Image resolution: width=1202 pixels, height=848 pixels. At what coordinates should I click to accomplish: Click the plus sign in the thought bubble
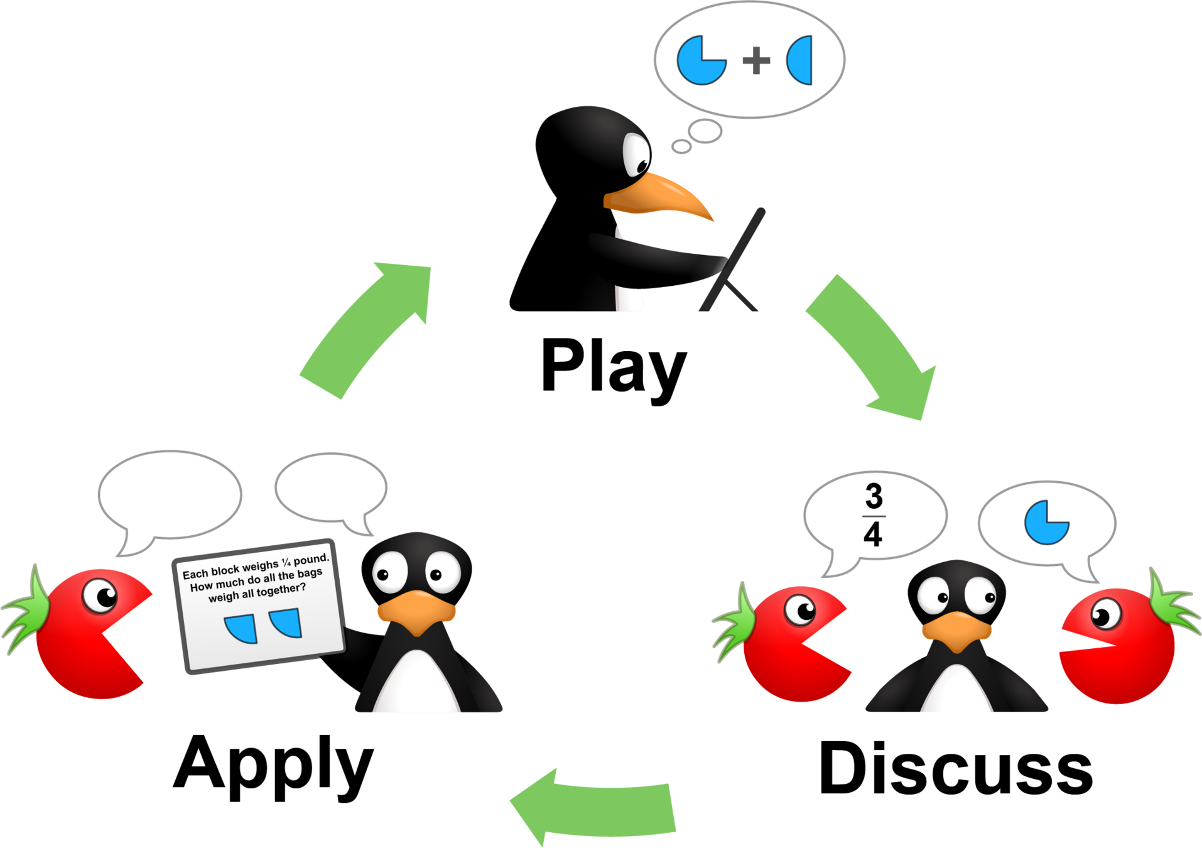756,60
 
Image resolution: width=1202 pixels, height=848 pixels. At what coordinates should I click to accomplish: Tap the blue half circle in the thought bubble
801,60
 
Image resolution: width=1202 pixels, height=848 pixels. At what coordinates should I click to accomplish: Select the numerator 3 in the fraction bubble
874,496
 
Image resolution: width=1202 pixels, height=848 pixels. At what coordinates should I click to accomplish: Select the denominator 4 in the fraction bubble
873,535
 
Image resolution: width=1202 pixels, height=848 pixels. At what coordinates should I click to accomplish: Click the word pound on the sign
311,558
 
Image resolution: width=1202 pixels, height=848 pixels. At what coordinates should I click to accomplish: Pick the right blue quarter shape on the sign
288,621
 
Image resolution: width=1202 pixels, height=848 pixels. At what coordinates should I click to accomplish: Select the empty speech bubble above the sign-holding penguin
331,487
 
